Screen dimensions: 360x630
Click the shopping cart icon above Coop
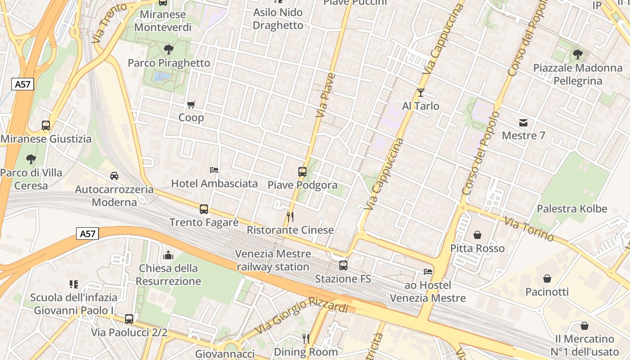[x=191, y=105]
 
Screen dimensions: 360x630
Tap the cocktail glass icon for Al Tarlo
[x=421, y=93]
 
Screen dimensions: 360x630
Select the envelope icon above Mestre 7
[x=523, y=122]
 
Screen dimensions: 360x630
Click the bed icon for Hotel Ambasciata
[x=214, y=170]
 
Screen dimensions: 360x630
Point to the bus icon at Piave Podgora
[x=302, y=171]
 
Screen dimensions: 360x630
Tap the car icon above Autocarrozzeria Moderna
[x=114, y=176]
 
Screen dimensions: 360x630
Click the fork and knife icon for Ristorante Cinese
[x=290, y=217]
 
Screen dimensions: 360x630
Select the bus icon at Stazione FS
[x=343, y=265]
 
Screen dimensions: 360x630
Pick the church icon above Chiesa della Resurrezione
[x=168, y=255]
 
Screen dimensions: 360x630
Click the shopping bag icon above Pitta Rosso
[x=477, y=235]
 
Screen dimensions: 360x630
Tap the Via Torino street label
[x=529, y=229]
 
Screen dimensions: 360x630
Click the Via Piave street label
[x=326, y=95]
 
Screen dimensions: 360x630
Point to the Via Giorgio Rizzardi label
[x=301, y=317]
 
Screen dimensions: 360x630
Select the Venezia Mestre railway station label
[x=273, y=260]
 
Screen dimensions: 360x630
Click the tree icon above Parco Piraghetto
[x=169, y=49]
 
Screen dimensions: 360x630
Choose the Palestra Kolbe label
[x=571, y=209]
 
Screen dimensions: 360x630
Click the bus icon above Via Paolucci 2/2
[x=129, y=319]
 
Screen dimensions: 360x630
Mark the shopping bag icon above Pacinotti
[x=547, y=279]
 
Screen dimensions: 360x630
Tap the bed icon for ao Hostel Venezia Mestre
[x=427, y=272]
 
